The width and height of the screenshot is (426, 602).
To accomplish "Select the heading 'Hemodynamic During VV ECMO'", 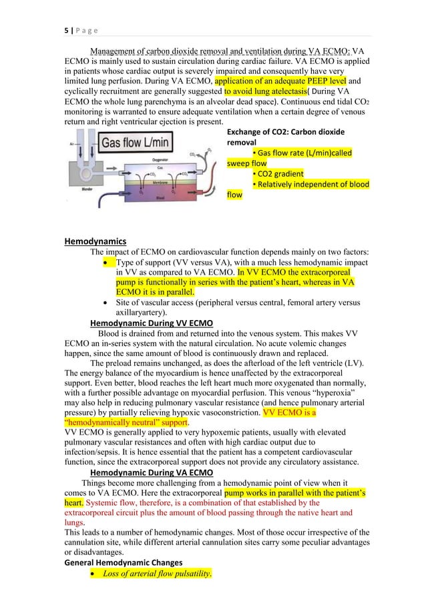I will coord(152,323).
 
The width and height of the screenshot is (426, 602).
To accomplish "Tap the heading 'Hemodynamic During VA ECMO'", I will coord(152,474).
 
